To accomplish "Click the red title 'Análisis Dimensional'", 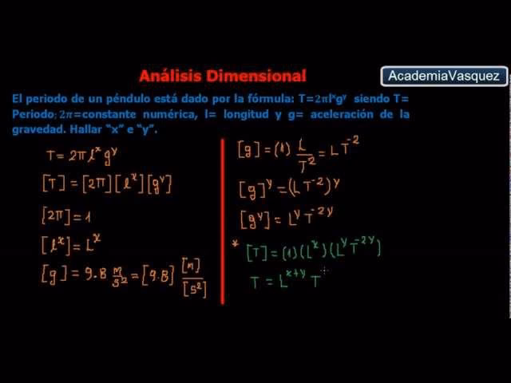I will coord(222,77).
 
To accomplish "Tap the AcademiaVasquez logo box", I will coord(444,77).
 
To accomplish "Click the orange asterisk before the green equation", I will coord(236,245).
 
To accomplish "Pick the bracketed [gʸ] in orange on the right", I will coord(255,218).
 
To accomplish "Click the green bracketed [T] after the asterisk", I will coord(257,251).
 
